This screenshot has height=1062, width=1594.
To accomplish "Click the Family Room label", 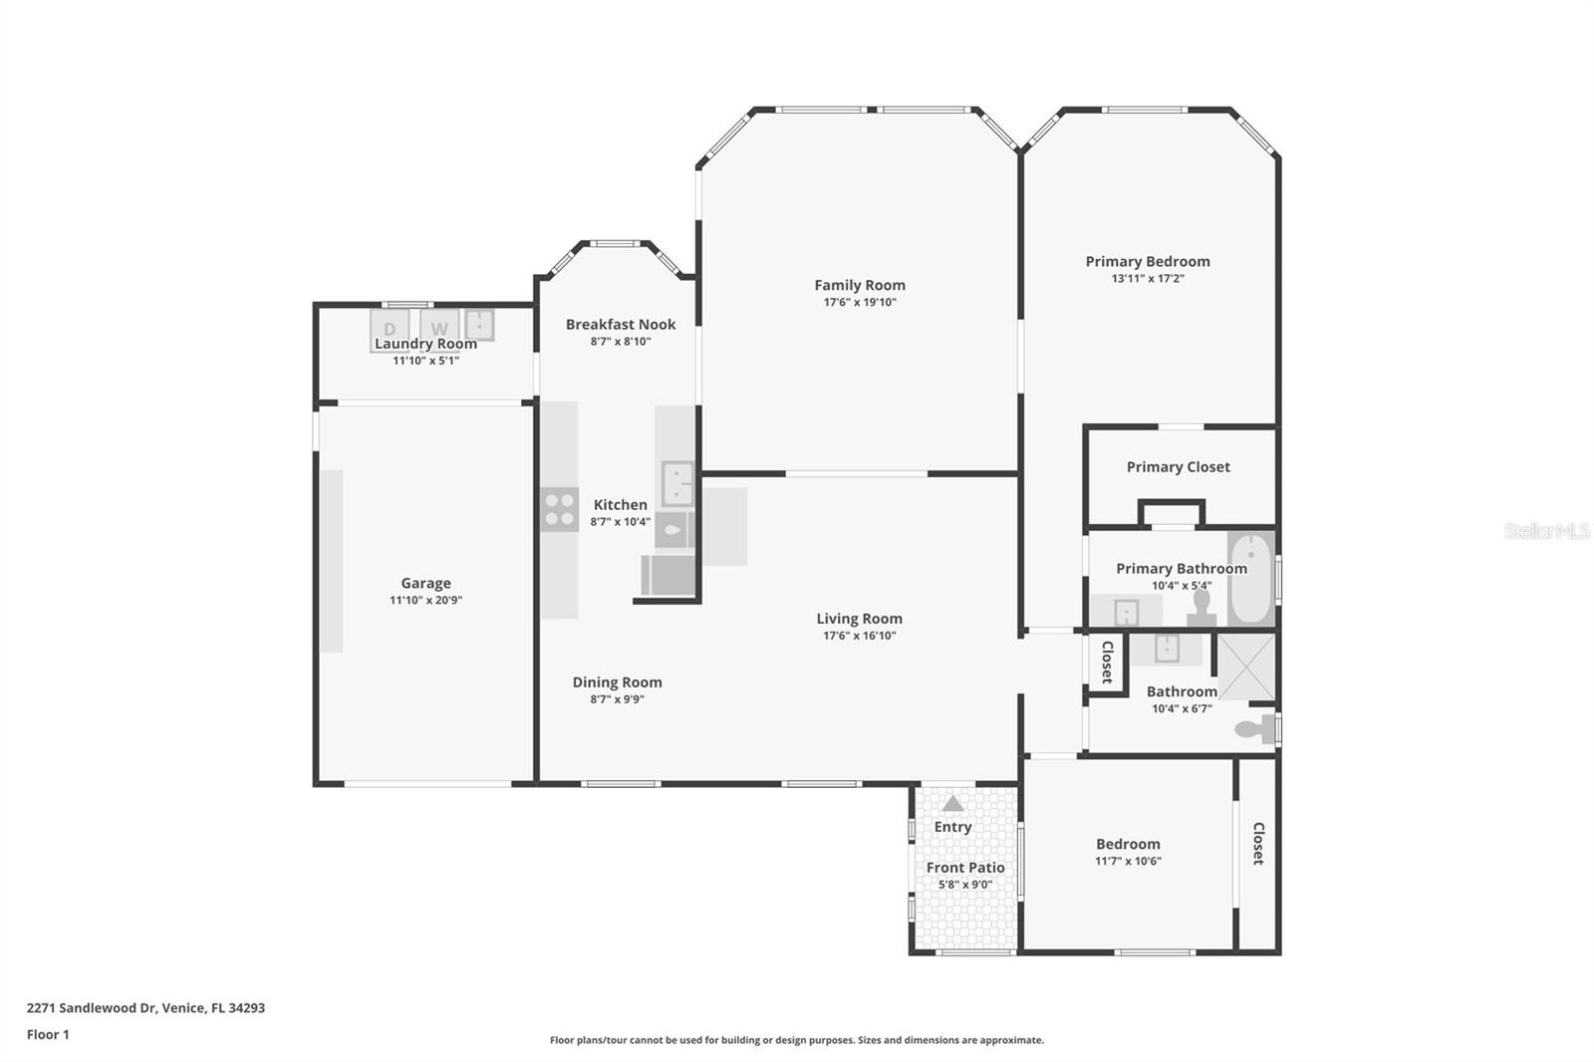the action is point(860,286).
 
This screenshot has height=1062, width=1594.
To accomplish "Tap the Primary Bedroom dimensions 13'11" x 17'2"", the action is point(1148,278).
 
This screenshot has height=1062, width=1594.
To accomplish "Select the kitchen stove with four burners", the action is point(559,510).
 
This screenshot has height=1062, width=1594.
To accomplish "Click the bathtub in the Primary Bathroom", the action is point(1250,578).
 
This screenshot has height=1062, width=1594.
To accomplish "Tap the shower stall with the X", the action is point(1246,666).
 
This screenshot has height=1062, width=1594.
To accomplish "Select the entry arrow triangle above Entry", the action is point(952,804).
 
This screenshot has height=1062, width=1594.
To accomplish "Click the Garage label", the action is point(425,583).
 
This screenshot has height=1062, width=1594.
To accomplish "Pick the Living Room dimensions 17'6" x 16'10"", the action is point(860,636).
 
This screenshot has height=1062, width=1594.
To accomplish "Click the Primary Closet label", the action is point(1179,467).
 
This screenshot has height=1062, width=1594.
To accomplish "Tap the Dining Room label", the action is point(617,681).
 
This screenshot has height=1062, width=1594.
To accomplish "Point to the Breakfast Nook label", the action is point(621,324).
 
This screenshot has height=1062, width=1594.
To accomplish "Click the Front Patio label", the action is point(965,868).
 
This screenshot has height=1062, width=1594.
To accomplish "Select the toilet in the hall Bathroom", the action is point(1255,729).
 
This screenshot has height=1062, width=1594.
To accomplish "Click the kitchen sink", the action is point(677,483).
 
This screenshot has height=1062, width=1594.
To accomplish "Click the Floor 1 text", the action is point(48,1035).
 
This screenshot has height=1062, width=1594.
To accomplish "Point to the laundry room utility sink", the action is point(479,325).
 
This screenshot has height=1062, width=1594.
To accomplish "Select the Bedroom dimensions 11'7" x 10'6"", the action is point(1128,862).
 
